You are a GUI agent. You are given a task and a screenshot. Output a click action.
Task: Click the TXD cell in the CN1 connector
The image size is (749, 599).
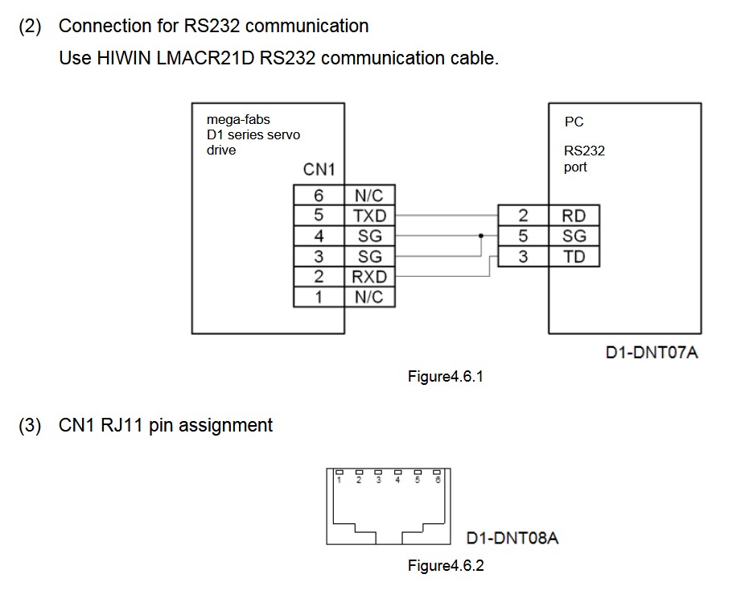(x=370, y=216)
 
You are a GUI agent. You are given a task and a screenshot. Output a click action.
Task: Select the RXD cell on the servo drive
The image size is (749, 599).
(x=370, y=277)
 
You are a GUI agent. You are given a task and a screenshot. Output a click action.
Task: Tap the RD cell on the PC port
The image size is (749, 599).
(x=574, y=216)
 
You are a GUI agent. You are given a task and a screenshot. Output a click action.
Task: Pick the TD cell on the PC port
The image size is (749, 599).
(x=574, y=257)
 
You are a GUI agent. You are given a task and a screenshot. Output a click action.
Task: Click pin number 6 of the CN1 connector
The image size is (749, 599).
(x=319, y=195)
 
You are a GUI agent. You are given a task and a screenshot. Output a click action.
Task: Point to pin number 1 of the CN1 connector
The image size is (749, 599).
(x=319, y=297)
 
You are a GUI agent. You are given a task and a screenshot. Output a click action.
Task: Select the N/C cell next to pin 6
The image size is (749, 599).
(x=370, y=195)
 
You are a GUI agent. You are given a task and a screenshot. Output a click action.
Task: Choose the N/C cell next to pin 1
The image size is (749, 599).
(x=370, y=297)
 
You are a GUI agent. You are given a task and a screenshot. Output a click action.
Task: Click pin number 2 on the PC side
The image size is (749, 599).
(x=523, y=216)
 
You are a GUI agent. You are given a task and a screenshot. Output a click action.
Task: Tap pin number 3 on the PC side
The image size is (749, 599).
(x=523, y=257)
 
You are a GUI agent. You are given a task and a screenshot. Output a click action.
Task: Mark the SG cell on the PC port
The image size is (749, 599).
(x=574, y=236)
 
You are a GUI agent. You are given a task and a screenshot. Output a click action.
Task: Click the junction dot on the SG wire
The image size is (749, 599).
(x=481, y=236)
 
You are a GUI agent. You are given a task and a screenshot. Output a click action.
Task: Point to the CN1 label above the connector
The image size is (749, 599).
(x=319, y=170)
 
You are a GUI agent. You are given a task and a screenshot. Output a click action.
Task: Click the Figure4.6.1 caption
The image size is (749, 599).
(x=445, y=376)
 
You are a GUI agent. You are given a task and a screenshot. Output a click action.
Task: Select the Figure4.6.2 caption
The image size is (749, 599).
(x=446, y=565)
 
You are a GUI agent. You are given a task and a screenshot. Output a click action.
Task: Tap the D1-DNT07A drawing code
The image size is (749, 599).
(x=652, y=352)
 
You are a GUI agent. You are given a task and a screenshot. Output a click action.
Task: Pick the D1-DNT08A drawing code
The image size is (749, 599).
(x=512, y=538)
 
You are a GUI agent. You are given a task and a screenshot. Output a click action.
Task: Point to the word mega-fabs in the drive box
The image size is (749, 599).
(x=238, y=120)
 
